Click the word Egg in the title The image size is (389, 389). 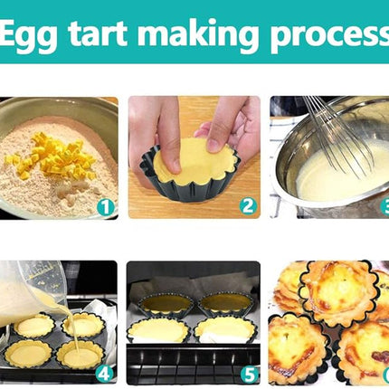click(x=28, y=34)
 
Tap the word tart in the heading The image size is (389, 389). click(x=98, y=33)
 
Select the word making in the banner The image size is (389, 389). click(x=198, y=34)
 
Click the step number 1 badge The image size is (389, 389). click(x=106, y=207)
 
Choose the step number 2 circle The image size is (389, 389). click(x=248, y=206)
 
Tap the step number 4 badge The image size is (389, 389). click(x=104, y=374)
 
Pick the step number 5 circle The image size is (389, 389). click(x=250, y=375)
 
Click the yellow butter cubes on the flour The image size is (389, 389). click(x=52, y=157)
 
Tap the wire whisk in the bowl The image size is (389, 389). click(x=337, y=136)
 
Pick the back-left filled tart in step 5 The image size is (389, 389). click(x=166, y=303)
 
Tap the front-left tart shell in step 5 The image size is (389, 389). click(x=159, y=331)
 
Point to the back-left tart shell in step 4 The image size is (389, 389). click(x=33, y=326)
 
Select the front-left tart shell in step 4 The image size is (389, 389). click(x=28, y=354)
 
